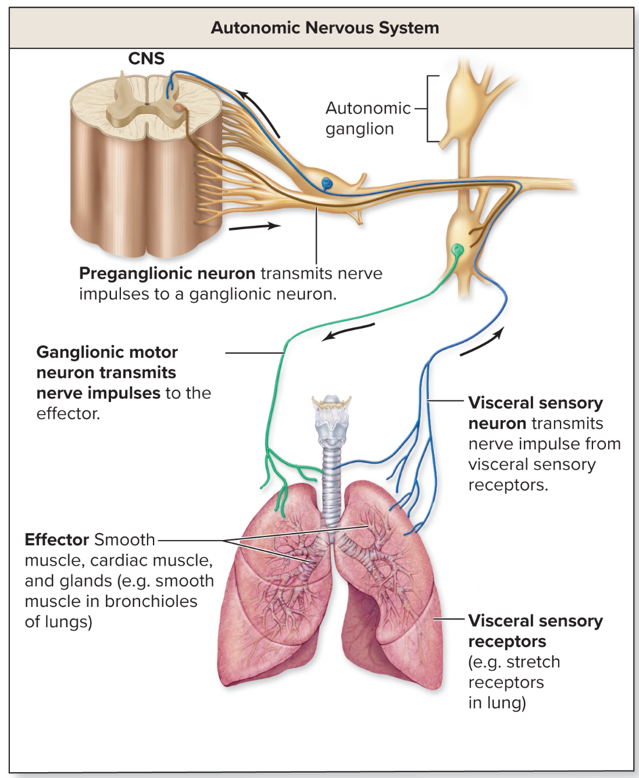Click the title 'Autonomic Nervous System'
324,28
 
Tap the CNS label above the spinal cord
146,59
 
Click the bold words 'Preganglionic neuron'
167,273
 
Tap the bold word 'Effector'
57,540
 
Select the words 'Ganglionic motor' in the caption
107,353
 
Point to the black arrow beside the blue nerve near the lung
483,342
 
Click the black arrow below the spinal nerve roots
255,226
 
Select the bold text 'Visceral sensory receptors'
535,631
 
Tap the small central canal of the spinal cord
147,104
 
